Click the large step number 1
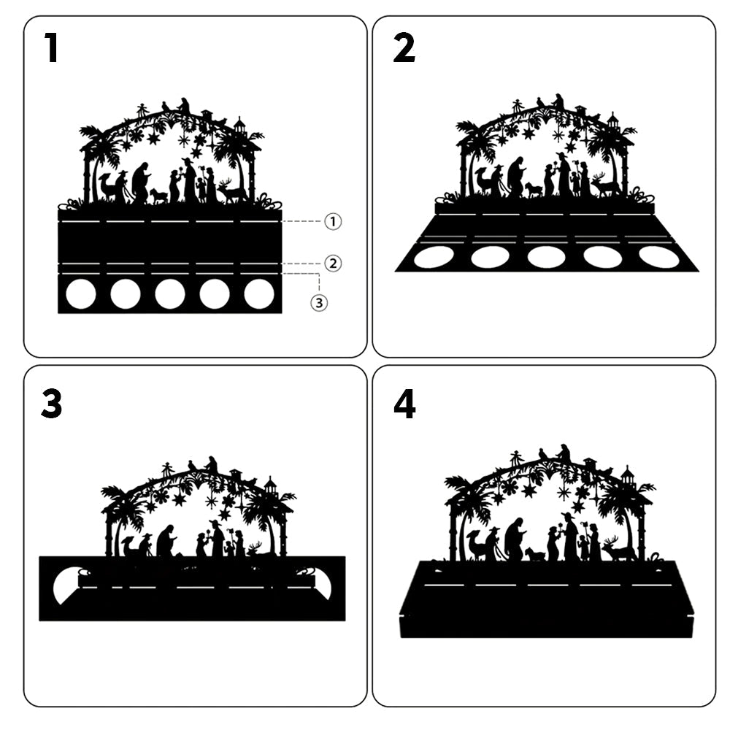(x=51, y=48)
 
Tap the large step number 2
(x=404, y=48)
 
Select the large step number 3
(x=51, y=404)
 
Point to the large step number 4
(x=404, y=404)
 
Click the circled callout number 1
(x=333, y=222)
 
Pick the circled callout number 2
(x=333, y=264)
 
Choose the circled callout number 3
(x=319, y=303)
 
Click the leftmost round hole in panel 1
(x=81, y=294)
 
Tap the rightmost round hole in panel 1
(x=259, y=294)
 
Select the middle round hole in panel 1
(x=170, y=294)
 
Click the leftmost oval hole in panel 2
(x=434, y=258)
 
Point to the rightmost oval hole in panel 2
(x=659, y=258)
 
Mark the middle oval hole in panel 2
(x=546, y=258)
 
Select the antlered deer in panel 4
(x=618, y=549)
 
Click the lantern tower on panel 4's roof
(x=628, y=478)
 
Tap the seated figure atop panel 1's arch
(x=185, y=106)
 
